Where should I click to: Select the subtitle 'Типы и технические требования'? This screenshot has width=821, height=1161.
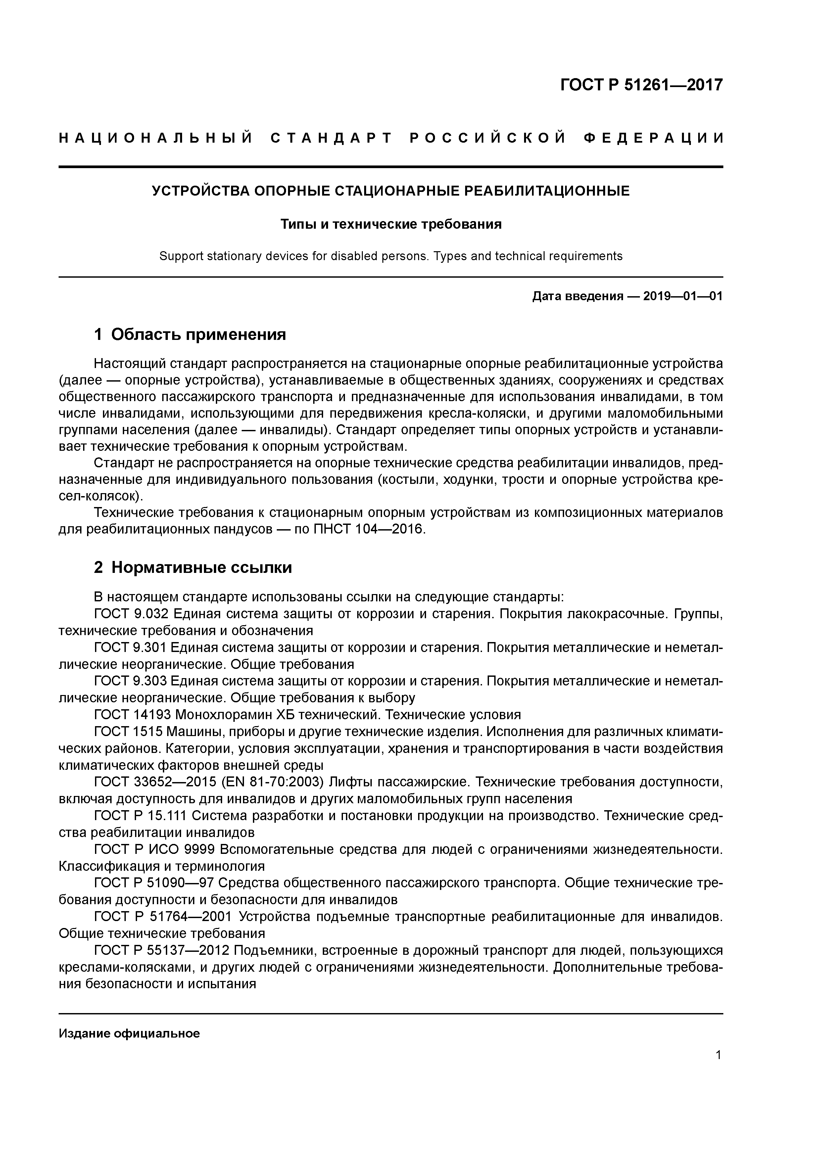click(x=391, y=224)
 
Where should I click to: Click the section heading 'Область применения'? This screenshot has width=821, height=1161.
click(x=198, y=334)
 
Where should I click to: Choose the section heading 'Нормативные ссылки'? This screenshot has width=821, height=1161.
click(x=201, y=568)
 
